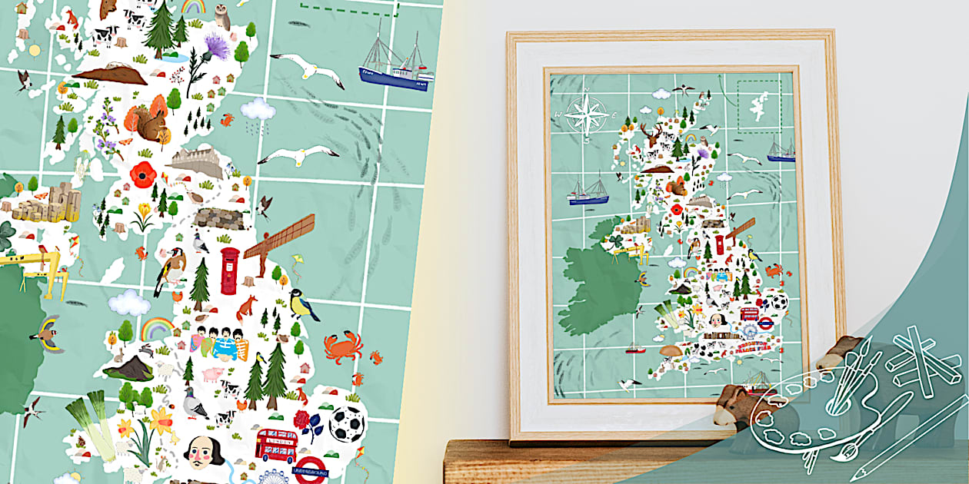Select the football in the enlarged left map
tap(347, 423)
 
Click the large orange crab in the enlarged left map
tap(342, 346)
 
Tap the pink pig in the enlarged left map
tap(212, 375)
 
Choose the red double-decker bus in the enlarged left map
tap(276, 446)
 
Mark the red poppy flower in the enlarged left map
tap(143, 175)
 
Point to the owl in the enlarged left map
tap(223, 16)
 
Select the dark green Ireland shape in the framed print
tap(597, 283)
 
